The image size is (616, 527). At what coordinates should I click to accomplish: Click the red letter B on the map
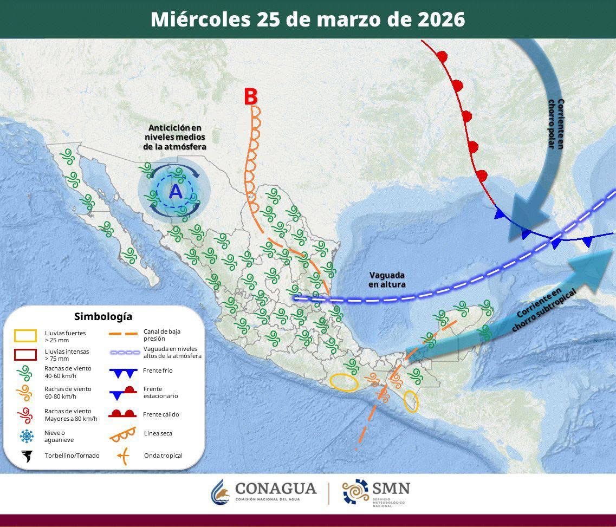point(250,96)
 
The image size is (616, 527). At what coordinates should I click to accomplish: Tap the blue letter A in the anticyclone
point(175,192)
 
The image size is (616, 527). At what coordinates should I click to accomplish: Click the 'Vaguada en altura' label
point(387,279)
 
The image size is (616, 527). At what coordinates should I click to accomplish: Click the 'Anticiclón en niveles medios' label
point(175,137)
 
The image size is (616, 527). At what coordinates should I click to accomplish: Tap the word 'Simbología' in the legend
point(103,316)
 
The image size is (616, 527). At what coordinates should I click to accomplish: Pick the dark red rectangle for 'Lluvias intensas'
point(25,355)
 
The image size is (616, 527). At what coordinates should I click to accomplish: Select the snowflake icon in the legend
point(26,436)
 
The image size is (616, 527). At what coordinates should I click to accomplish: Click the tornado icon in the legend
point(26,456)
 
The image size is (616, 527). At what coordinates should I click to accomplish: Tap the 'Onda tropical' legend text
point(163,456)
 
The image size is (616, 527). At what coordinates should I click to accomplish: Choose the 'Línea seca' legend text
point(158,433)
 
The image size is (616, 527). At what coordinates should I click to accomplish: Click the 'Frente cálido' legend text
point(161,414)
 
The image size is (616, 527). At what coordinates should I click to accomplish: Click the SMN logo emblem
point(355,492)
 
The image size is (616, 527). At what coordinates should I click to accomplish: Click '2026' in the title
point(442,19)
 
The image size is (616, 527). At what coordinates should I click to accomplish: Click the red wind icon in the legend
point(25,415)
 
